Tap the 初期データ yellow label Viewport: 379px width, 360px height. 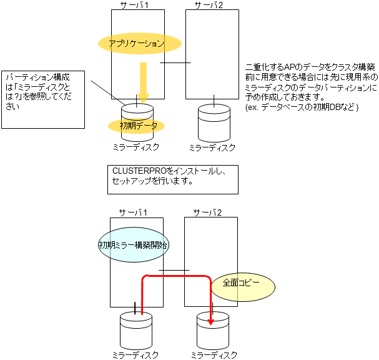pyautogui.click(x=137, y=126)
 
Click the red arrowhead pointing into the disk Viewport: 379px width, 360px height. pyautogui.click(x=211, y=321)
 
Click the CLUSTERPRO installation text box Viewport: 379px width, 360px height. pyautogui.click(x=172, y=178)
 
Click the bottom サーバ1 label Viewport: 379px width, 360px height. pyautogui.click(x=133, y=212)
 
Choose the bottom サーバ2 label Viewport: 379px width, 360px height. pyautogui.click(x=209, y=212)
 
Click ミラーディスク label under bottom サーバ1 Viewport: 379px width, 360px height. pyautogui.click(x=136, y=355)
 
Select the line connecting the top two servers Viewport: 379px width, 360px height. pyautogui.click(x=175, y=62)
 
